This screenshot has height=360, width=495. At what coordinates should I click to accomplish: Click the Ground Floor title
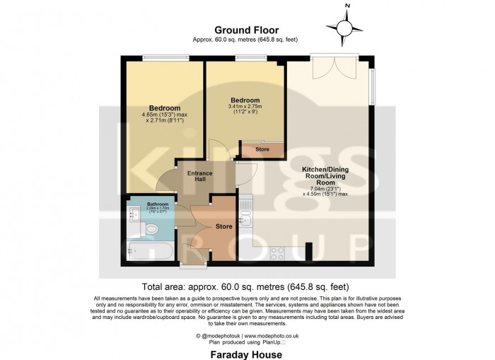point(247,30)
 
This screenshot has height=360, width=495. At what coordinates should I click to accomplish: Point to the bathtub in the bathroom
point(146,250)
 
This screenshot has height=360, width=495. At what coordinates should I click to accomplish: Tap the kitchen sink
point(245,210)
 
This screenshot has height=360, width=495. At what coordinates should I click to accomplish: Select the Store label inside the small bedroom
point(262,149)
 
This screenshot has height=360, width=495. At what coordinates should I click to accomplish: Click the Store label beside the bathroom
point(223,227)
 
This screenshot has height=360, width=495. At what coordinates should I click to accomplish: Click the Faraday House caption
point(247,352)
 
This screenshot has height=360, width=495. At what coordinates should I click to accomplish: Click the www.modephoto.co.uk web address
point(272,336)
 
